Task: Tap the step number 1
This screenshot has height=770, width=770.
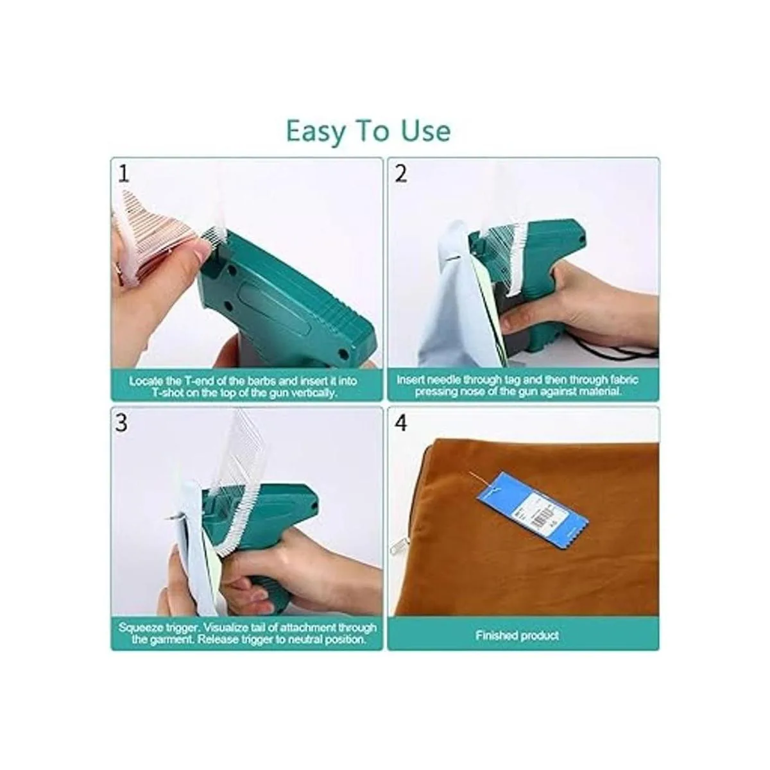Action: point(124,175)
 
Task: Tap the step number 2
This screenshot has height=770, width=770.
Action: point(401,174)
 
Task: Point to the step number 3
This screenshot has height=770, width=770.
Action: point(121,423)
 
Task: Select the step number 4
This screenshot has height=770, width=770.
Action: point(401,423)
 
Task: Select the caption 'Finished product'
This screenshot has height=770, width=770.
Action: point(517,635)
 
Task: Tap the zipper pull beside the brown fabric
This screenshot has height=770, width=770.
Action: point(398,545)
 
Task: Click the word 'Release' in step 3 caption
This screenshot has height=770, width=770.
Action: point(221,640)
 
